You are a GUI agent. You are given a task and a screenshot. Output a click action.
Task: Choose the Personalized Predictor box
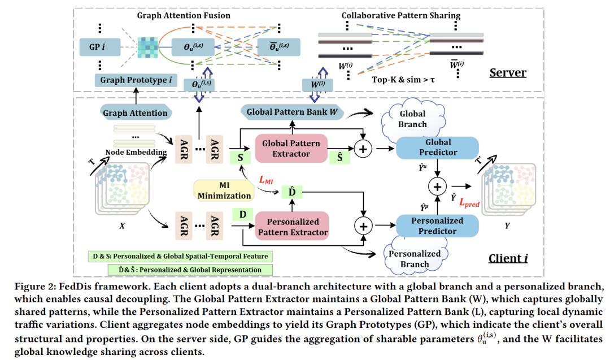coord(438,226)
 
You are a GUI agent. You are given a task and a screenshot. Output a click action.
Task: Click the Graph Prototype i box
coord(136,80)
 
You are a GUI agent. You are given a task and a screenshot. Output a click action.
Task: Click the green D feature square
coord(243,215)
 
